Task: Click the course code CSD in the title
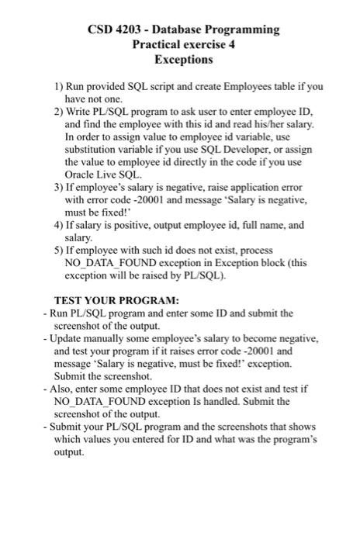coord(101,29)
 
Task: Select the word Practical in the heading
coord(155,44)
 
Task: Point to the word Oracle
coord(82,175)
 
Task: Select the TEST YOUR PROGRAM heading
coord(116,299)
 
